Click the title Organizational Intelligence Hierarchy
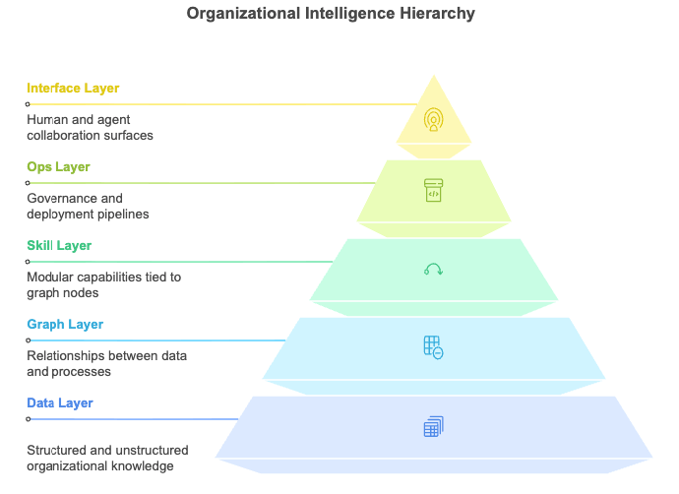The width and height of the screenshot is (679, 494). pos(331,14)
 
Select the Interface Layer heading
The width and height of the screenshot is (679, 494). pos(73,89)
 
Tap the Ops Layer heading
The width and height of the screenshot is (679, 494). pos(58,167)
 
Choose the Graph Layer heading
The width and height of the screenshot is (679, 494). pos(65,325)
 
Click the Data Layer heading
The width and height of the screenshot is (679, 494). pos(60,403)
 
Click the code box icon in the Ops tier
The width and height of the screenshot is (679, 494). pos(433,190)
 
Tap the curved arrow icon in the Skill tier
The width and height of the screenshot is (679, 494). pos(433,269)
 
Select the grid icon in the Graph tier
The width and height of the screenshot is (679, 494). pos(433,347)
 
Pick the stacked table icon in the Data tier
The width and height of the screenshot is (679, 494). pos(433,426)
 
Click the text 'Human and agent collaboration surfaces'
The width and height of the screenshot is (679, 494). pos(90,127)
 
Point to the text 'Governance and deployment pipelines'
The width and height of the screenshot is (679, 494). pos(88,206)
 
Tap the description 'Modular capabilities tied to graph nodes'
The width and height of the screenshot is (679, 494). pos(103,284)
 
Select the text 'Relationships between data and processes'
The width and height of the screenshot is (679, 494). pos(106,363)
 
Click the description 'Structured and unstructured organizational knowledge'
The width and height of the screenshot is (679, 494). pos(107,458)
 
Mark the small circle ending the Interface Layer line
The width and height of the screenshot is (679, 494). pos(29,104)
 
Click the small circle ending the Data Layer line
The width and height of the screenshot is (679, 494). pos(29,419)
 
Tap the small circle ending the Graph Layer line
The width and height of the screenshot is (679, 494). pos(29,340)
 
